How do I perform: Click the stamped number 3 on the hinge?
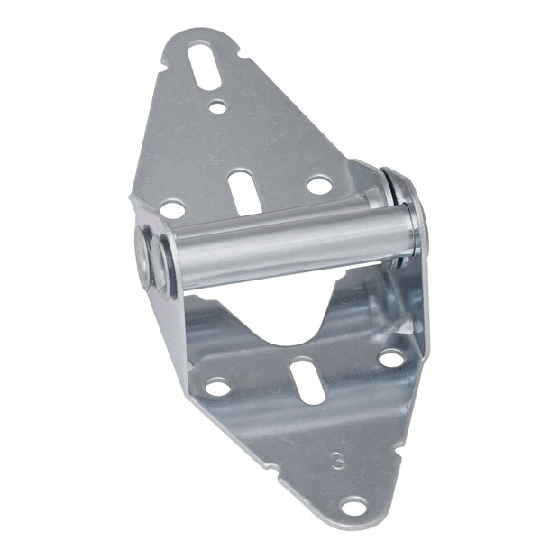(x=337, y=460)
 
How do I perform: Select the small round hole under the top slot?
(x=216, y=106)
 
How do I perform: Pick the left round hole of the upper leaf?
(x=171, y=209)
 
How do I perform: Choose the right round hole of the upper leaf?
(x=318, y=185)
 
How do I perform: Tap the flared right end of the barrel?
(x=408, y=221)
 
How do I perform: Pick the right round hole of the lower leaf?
(x=390, y=358)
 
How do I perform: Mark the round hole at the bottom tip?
(x=353, y=507)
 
